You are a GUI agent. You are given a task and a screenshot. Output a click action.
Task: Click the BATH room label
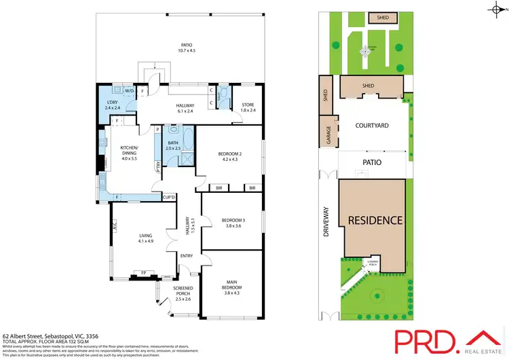coord(173,145)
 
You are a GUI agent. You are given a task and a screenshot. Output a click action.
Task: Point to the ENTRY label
coord(187,256)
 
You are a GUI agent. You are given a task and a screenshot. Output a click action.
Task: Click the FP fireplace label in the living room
coord(143,273)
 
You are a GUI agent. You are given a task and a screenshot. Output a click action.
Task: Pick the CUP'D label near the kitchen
coord(169,197)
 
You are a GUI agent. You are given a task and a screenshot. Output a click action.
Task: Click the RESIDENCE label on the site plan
coord(375,221)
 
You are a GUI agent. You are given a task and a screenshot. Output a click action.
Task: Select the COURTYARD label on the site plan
coord(371,126)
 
